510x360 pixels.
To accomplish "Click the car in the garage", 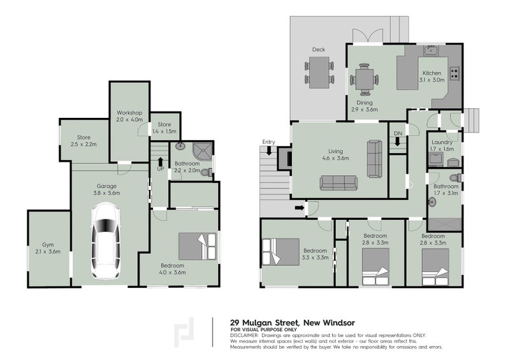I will pyautogui.click(x=106, y=241).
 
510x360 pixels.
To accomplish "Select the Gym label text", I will pyautogui.click(x=48, y=245).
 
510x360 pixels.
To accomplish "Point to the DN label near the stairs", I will pyautogui.click(x=397, y=133).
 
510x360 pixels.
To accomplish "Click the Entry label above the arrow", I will pyautogui.click(x=268, y=141).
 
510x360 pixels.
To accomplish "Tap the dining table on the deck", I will pyautogui.click(x=319, y=71).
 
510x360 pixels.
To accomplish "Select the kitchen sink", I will pyautogui.click(x=432, y=50).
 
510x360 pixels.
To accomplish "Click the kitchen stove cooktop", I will pyautogui.click(x=454, y=73).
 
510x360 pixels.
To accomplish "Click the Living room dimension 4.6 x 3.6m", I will pyautogui.click(x=336, y=158).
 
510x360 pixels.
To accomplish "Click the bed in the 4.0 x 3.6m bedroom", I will pyautogui.click(x=196, y=246).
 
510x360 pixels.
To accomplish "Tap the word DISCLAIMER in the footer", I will pyautogui.click(x=244, y=335).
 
